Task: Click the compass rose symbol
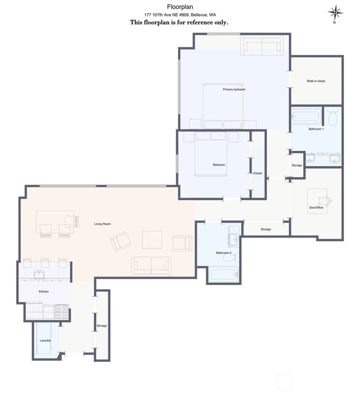(x=335, y=13)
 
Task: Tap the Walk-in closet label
(x=316, y=81)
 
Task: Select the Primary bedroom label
(x=234, y=90)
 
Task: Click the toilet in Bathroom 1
(x=333, y=116)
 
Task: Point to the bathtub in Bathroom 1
(x=306, y=116)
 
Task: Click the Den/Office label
(x=316, y=208)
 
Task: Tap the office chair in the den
(x=325, y=201)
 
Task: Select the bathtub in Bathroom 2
(x=223, y=274)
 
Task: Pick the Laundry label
(x=45, y=341)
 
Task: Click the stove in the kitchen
(x=62, y=312)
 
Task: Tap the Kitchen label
(x=43, y=292)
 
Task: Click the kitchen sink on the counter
(x=39, y=274)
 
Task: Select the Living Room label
(x=102, y=224)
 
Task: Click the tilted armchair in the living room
(x=121, y=241)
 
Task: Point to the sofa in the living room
(x=151, y=266)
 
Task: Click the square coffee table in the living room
(x=152, y=239)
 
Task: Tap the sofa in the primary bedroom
(x=262, y=45)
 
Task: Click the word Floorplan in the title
(x=180, y=7)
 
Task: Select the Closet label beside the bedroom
(x=258, y=173)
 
